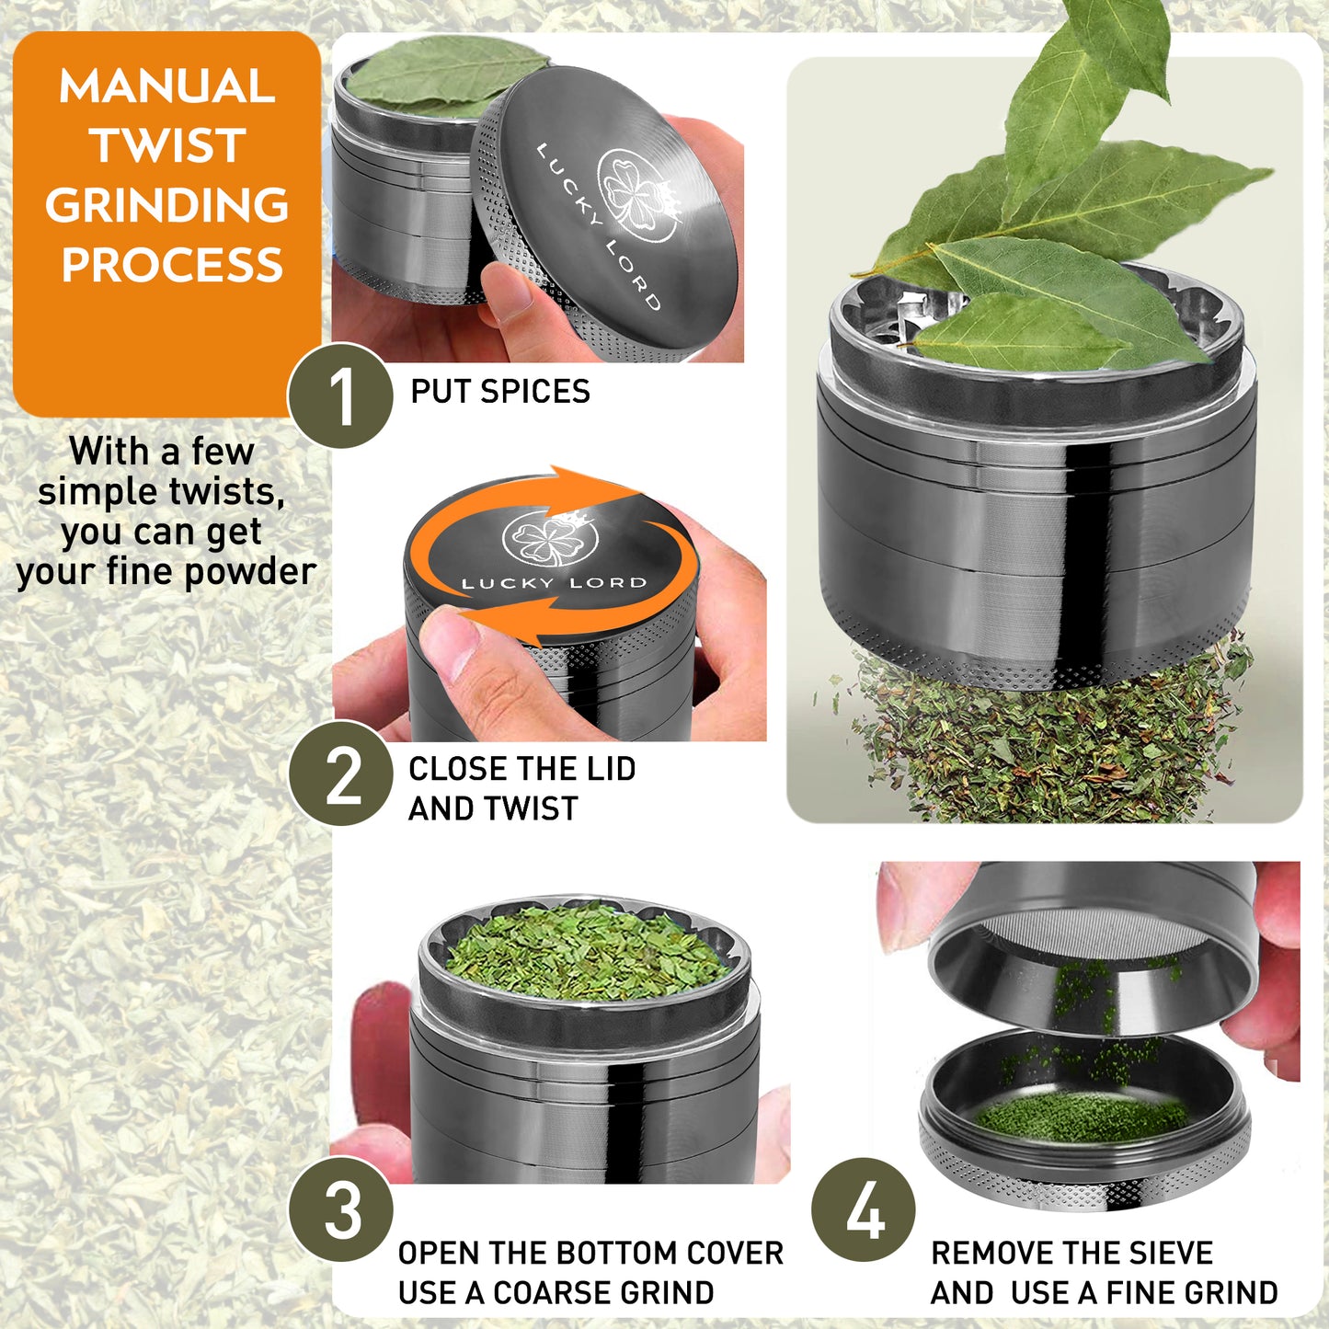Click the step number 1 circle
(x=340, y=395)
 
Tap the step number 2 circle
(x=340, y=773)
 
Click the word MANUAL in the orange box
(x=166, y=86)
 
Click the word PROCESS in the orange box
(x=172, y=265)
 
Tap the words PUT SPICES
(x=499, y=391)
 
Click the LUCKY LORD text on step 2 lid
(x=554, y=583)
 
